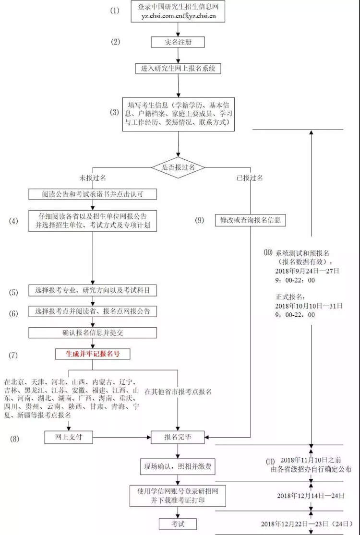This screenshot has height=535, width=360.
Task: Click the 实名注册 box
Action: (178, 42)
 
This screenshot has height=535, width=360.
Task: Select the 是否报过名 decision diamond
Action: (178, 167)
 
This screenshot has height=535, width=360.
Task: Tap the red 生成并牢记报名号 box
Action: (93, 354)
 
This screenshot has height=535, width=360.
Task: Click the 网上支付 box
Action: (69, 437)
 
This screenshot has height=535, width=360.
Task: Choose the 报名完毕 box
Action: (178, 437)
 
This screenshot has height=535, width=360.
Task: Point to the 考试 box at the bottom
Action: (178, 524)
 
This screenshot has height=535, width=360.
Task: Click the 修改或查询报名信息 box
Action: (251, 220)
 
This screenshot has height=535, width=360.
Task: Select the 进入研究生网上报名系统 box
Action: (178, 68)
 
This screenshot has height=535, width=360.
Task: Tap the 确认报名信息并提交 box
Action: (93, 333)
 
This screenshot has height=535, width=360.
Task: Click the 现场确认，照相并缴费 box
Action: (178, 466)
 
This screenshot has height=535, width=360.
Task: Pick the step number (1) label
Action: (115, 11)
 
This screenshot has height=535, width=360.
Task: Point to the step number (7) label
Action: (13, 355)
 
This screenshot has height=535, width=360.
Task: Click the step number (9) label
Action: (200, 220)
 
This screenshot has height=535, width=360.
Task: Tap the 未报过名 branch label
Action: (93, 178)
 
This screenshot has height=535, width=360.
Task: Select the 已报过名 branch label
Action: (250, 178)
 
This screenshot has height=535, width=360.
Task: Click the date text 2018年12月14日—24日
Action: (311, 496)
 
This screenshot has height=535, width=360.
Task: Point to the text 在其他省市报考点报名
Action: (178, 392)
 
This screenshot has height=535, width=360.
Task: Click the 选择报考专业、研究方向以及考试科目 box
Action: (93, 291)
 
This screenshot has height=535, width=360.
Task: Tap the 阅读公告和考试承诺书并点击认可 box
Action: (93, 194)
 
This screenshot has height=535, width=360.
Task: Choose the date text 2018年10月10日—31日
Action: (309, 306)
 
